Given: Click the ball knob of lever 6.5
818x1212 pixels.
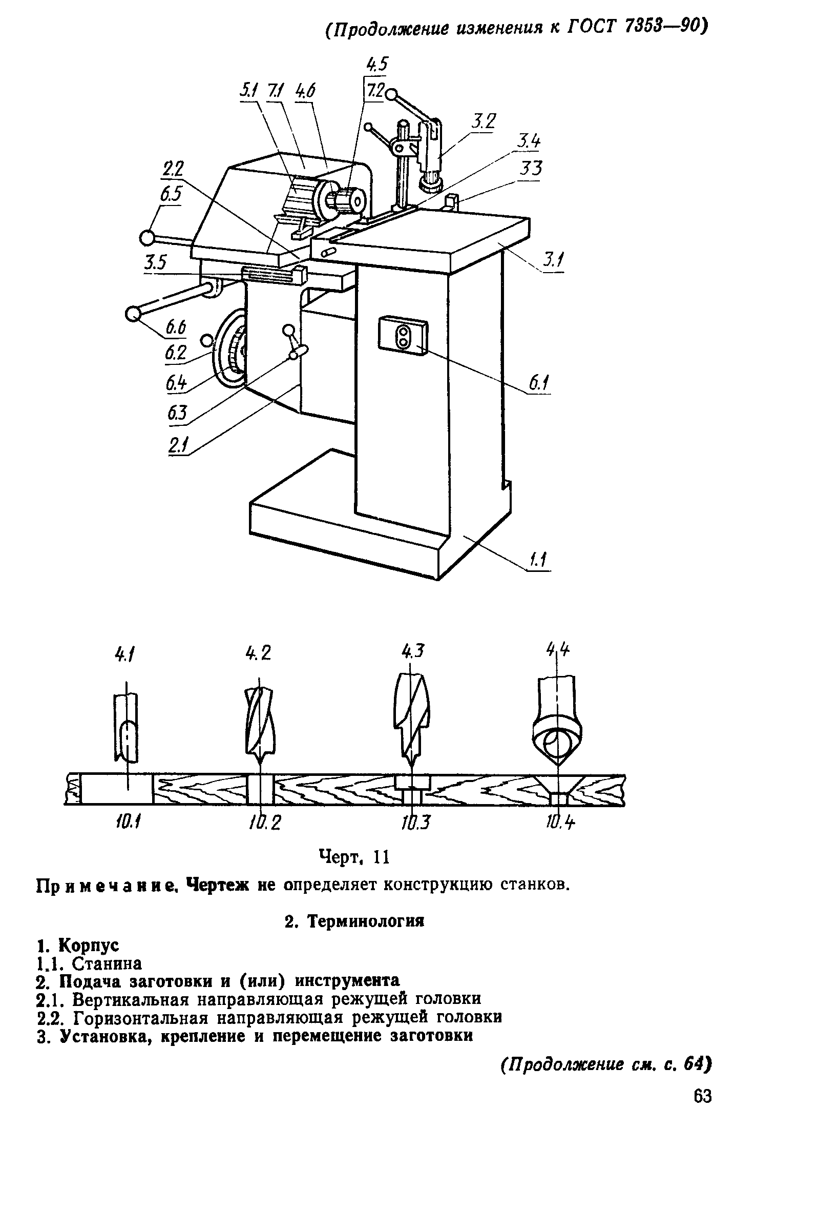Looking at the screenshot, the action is point(147,238).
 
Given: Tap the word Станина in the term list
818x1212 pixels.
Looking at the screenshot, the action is point(107,963).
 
